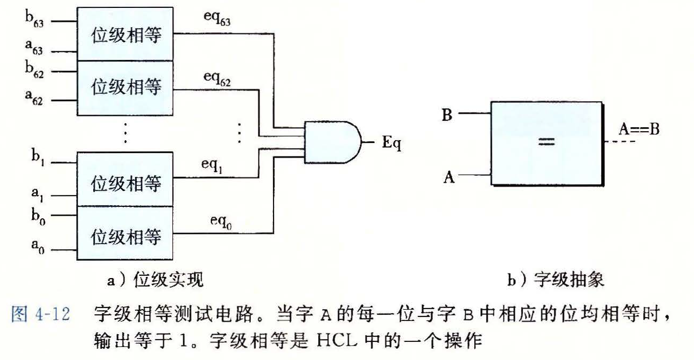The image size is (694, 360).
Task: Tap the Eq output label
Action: click(x=391, y=143)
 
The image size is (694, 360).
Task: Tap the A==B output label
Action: click(x=639, y=129)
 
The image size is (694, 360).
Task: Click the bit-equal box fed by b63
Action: click(x=125, y=34)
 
